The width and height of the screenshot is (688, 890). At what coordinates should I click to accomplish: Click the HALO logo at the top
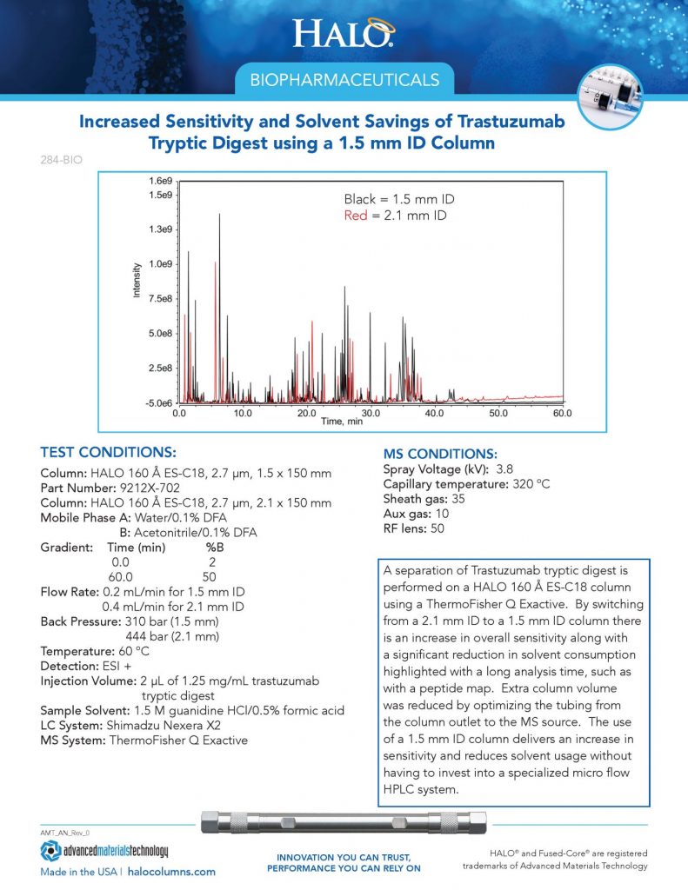coord(344,33)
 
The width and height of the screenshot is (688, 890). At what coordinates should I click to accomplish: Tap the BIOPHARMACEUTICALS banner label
coord(344,81)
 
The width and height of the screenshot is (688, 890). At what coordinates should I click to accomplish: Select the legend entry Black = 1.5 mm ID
coord(398,199)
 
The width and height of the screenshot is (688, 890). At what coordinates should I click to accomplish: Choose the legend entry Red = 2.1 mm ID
coord(395,215)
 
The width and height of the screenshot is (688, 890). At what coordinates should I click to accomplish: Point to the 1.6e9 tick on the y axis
coord(160,181)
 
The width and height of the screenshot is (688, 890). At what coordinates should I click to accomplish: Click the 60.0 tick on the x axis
coord(562,414)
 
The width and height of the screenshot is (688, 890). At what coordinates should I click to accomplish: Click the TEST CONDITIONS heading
coord(108,453)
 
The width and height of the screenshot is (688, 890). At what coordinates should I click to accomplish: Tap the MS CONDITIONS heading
coord(440,454)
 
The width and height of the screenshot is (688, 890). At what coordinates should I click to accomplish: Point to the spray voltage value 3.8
coord(504,469)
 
